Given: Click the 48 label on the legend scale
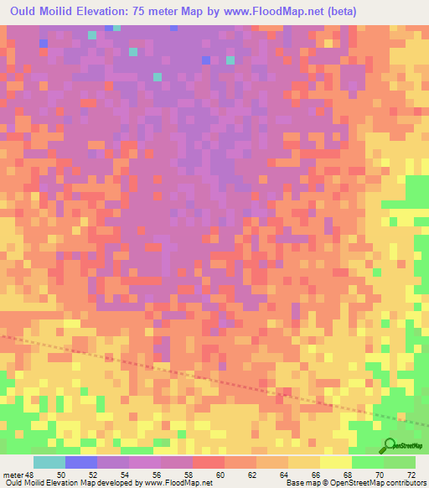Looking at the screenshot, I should coord(28,475).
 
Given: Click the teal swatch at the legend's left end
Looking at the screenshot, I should coord(49,462).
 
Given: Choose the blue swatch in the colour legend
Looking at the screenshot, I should coord(81,462).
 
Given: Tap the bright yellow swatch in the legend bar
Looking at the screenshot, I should coord(336,462).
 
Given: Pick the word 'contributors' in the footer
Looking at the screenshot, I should coord(402,483).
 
